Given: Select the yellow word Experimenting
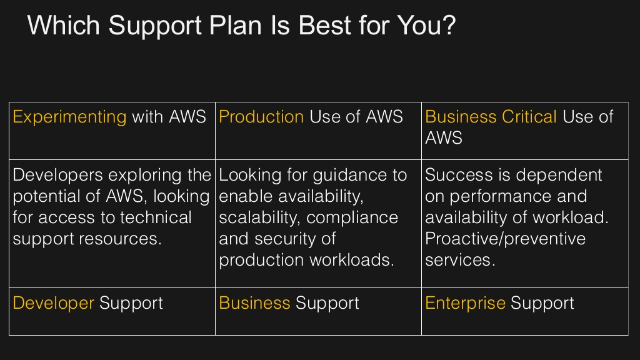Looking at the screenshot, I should (x=69, y=117).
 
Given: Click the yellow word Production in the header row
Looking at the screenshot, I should (x=261, y=117).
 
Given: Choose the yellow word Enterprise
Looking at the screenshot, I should (x=465, y=304).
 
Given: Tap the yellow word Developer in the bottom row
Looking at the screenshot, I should (x=53, y=304).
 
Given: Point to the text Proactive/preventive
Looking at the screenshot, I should (x=505, y=239).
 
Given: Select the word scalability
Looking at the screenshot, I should (x=259, y=217).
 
